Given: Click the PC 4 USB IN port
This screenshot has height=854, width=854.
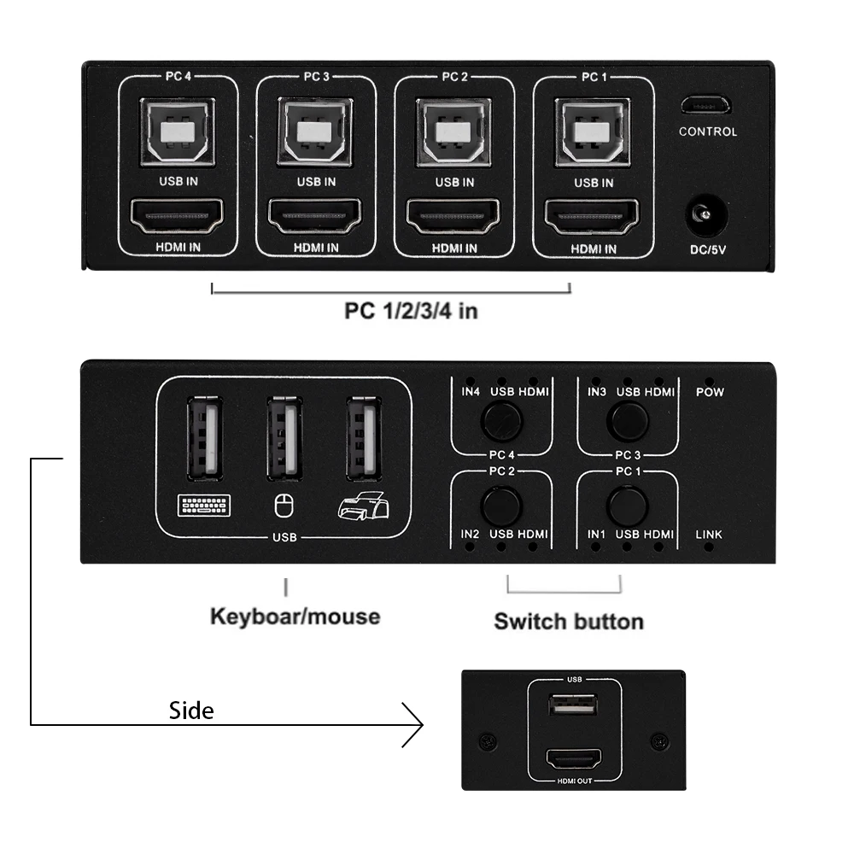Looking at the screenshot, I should tap(178, 132).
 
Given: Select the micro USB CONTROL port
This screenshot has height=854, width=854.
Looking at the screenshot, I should tap(706, 106).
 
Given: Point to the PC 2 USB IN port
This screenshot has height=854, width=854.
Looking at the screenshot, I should tap(454, 132).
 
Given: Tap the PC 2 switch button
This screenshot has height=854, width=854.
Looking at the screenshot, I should tap(501, 505).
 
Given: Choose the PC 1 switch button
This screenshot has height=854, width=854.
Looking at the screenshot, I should tap(627, 505).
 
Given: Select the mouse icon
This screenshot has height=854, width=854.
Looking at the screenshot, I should tap(283, 507).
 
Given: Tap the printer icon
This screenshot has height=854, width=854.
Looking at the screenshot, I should tap(363, 507).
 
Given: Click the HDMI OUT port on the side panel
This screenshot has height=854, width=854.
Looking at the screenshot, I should tap(574, 759).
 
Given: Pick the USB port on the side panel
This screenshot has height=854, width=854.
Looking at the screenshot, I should tap(574, 709).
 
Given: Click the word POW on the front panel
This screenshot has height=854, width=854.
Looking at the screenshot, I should tap(709, 392).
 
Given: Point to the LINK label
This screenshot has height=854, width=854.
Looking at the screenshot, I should tap(709, 535).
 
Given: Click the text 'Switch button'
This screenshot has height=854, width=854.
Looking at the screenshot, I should tap(568, 621).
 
